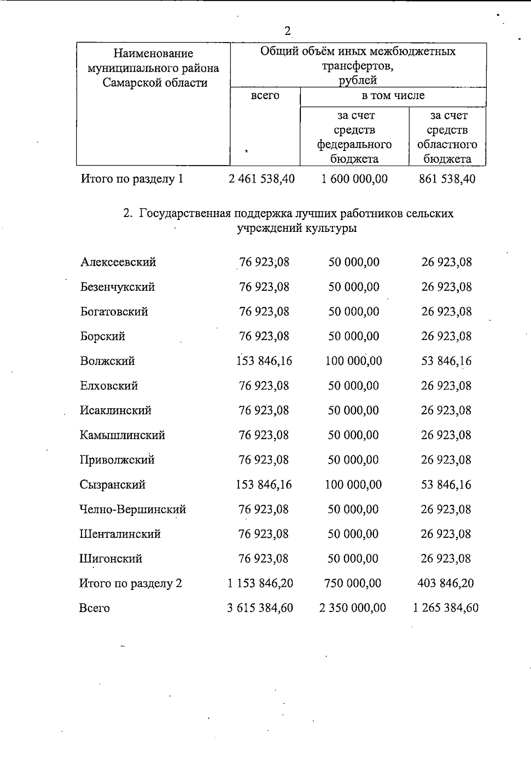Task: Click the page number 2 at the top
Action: pyautogui.click(x=288, y=31)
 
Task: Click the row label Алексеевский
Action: pyautogui.click(x=118, y=262)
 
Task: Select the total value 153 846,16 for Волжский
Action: pyautogui.click(x=264, y=361)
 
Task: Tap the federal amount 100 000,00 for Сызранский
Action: pyautogui.click(x=353, y=485)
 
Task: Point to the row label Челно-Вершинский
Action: pyautogui.click(x=133, y=509)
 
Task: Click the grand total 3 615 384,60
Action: pyautogui.click(x=260, y=608)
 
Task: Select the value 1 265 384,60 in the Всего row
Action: pyautogui.click(x=446, y=608)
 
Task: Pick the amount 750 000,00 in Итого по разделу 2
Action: pyautogui.click(x=352, y=583)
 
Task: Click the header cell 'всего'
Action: pyautogui.click(x=265, y=96)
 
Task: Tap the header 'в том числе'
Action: pyautogui.click(x=393, y=96)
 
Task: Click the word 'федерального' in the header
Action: pyautogui.click(x=354, y=144)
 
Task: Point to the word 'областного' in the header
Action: pyautogui.click(x=447, y=144)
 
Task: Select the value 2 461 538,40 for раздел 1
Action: pyautogui.click(x=262, y=179)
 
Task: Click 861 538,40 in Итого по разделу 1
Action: pyautogui.click(x=447, y=179)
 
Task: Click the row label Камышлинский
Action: pyautogui.click(x=123, y=435)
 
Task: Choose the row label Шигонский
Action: pyautogui.click(x=111, y=559)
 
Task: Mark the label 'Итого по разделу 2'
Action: pyautogui.click(x=131, y=583)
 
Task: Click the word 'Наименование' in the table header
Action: pyautogui.click(x=153, y=54)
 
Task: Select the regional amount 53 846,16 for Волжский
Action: pyautogui.click(x=446, y=361)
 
